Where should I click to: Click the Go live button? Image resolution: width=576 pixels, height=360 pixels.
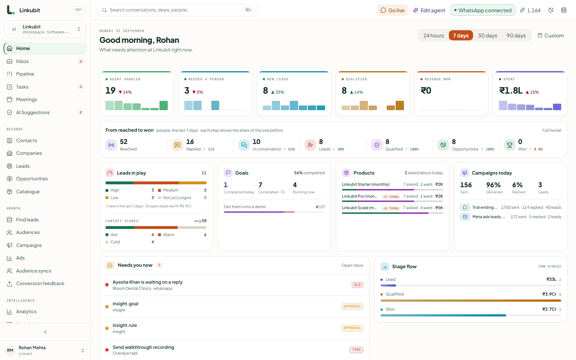coord(392,10)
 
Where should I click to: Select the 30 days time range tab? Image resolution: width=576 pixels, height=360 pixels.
coord(487,36)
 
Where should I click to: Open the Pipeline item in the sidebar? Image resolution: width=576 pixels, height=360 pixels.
coord(25,74)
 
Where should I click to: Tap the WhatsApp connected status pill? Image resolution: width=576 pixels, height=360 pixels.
coord(483,10)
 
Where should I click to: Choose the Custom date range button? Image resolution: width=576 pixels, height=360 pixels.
coord(550,36)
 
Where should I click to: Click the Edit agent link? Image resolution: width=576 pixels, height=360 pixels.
coord(429,10)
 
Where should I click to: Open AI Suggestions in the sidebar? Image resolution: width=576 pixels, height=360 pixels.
coord(33,112)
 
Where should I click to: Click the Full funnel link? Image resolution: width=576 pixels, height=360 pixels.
coord(552,130)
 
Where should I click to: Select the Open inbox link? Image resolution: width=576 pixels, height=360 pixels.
coord(352,265)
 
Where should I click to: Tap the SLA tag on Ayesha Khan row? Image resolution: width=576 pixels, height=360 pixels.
coord(357,285)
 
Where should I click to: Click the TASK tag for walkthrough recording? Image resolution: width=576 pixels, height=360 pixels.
coord(356,350)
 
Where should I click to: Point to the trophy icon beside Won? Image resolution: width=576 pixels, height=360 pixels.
coord(509,145)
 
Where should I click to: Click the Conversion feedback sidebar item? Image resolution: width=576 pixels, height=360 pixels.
coord(40,283)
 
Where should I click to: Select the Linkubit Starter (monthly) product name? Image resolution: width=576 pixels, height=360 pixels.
coord(366,184)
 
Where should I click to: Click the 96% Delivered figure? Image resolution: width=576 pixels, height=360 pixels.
coord(493,185)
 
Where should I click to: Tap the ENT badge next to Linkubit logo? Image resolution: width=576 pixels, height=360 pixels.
coord(79,10)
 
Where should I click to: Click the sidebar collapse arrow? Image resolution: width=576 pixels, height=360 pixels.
coord(45,332)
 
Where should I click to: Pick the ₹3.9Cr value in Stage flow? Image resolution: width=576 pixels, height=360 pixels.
coord(549,294)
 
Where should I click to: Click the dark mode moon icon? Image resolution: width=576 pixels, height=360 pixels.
coord(550,10)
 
